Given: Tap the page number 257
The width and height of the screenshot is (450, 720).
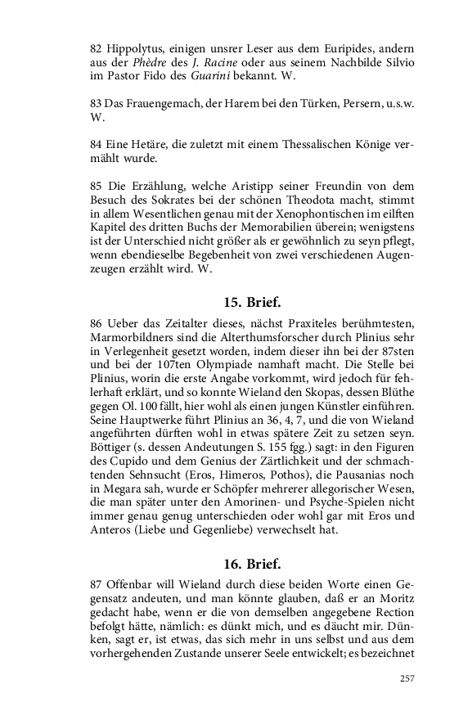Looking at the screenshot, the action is [x=407, y=677].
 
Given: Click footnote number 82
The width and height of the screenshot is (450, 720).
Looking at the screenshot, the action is [x=96, y=50].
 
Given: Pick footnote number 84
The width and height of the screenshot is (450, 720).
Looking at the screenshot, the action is [x=96, y=144].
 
